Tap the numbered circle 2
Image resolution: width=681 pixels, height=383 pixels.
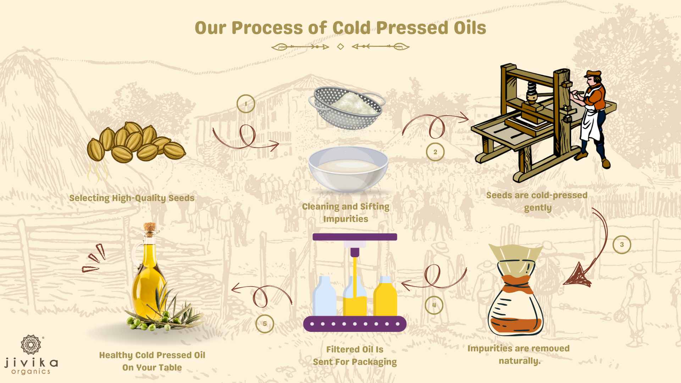435,152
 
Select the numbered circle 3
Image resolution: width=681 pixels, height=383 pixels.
622,245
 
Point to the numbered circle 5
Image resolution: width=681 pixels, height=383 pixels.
265,324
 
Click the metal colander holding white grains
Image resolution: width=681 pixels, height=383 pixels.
347,107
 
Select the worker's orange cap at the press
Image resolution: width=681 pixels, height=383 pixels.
593,74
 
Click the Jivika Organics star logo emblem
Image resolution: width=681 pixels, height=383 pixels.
31,345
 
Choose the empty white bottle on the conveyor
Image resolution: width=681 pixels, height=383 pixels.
325,296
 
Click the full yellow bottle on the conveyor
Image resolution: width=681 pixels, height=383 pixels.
385,296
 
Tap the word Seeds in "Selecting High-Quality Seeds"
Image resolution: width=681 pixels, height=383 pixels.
181,198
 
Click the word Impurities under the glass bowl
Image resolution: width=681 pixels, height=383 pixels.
346,219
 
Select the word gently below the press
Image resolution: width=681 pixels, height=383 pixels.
538,208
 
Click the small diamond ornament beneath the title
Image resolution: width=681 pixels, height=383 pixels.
340,46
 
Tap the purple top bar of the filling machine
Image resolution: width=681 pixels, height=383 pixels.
355,237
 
